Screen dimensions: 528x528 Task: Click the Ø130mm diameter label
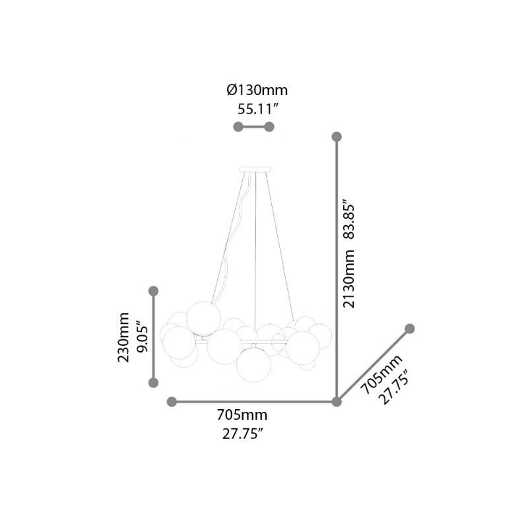pyautogui.click(x=257, y=90)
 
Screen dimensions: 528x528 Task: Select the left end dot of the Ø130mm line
pyautogui.click(x=238, y=127)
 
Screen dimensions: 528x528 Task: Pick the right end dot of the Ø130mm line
pyautogui.click(x=269, y=127)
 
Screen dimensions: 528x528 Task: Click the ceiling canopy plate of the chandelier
pyautogui.click(x=255, y=170)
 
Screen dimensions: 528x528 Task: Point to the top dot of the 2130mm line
pyautogui.click(x=337, y=137)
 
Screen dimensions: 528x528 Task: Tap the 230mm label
pyautogui.click(x=123, y=337)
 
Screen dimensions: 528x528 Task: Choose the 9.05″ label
pyautogui.click(x=141, y=337)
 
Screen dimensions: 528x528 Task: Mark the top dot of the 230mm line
pyautogui.click(x=154, y=290)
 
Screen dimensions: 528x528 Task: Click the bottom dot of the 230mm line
pyautogui.click(x=154, y=382)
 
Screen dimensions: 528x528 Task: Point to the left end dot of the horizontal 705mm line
pyautogui.click(x=172, y=401)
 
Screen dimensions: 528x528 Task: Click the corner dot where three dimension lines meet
pyautogui.click(x=337, y=401)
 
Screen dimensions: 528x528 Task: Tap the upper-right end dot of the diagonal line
pyautogui.click(x=409, y=329)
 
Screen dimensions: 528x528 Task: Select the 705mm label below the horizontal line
pyautogui.click(x=242, y=415)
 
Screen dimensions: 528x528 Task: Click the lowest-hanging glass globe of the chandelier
pyautogui.click(x=253, y=364)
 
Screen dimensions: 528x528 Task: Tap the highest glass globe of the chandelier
pyautogui.click(x=203, y=317)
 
